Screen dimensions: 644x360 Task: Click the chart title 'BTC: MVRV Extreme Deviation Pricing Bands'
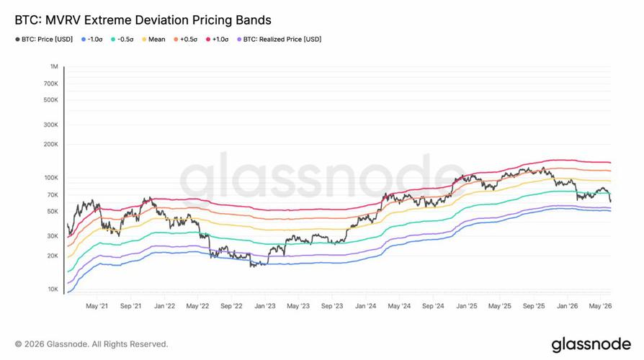pos(143,20)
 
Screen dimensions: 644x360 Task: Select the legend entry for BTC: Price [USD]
pos(44,40)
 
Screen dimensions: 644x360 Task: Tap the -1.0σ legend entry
pos(92,40)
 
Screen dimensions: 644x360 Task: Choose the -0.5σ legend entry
pos(122,40)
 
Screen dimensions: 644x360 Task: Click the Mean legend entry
pos(153,40)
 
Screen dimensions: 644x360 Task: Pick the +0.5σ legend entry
pos(186,40)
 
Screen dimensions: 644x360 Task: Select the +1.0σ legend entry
pos(218,40)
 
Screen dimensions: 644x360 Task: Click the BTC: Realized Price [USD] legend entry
pos(279,40)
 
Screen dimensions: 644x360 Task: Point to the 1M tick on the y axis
pos(54,66)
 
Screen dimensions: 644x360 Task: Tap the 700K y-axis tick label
pos(51,84)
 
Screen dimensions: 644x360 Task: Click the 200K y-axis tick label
pos(51,145)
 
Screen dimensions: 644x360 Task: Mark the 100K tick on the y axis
pos(51,178)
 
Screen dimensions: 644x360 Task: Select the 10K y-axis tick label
pos(53,289)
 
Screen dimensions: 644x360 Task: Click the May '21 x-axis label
pos(97,306)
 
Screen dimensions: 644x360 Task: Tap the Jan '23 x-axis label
pos(265,306)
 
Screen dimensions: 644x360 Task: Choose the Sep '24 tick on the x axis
pos(433,306)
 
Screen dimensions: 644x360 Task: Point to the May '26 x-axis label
pos(601,306)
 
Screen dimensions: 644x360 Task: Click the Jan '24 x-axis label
pos(365,306)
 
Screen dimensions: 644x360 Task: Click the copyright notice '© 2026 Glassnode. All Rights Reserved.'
pos(91,344)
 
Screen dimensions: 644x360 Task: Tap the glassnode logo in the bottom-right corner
pos(591,345)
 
